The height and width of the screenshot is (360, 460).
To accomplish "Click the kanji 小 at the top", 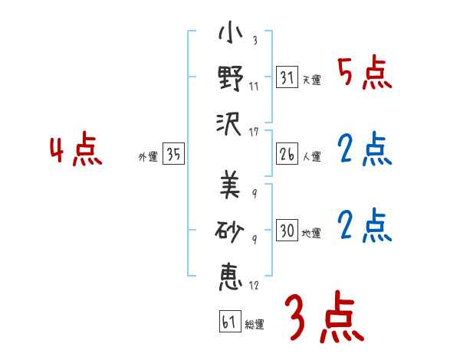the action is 231,35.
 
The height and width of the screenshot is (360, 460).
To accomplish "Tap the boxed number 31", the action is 287,77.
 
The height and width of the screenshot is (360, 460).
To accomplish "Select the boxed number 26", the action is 287,153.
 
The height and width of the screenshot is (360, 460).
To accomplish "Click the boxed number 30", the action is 287,230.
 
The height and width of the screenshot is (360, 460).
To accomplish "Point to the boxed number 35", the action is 174,155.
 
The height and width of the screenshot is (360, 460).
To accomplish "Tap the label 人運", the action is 311,156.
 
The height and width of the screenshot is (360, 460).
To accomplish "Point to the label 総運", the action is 255,324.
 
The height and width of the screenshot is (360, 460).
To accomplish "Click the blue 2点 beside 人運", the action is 364,150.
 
